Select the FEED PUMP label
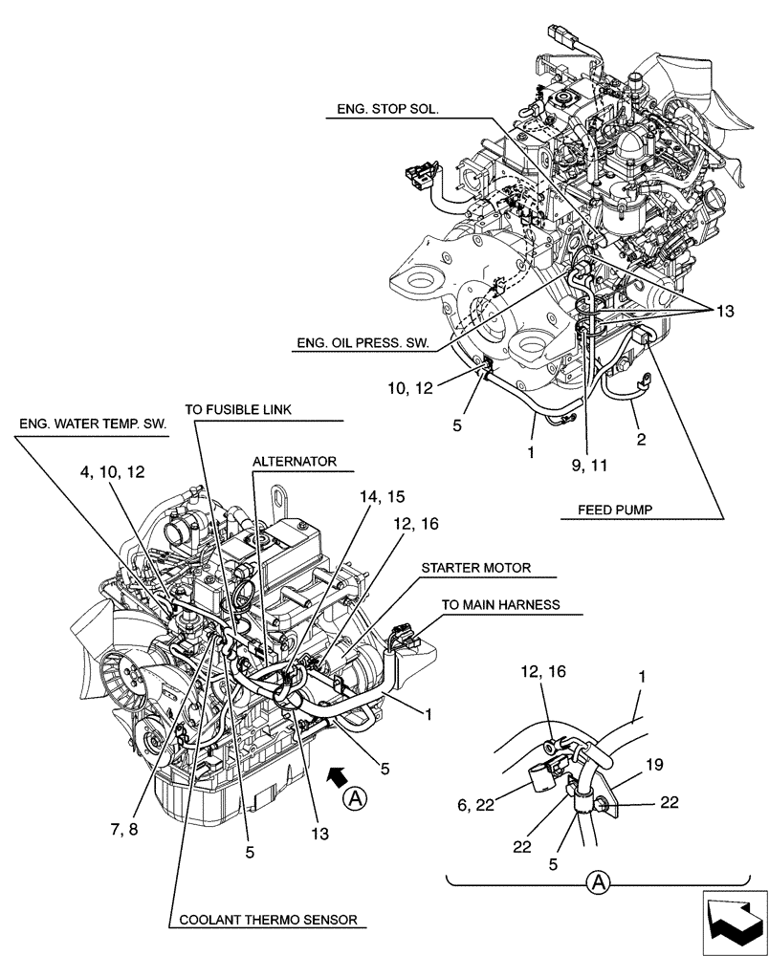[x=614, y=511]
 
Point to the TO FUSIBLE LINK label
[x=238, y=410]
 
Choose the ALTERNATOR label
[x=295, y=462]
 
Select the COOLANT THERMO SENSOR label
[x=263, y=920]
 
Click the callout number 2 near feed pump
[x=642, y=440]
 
